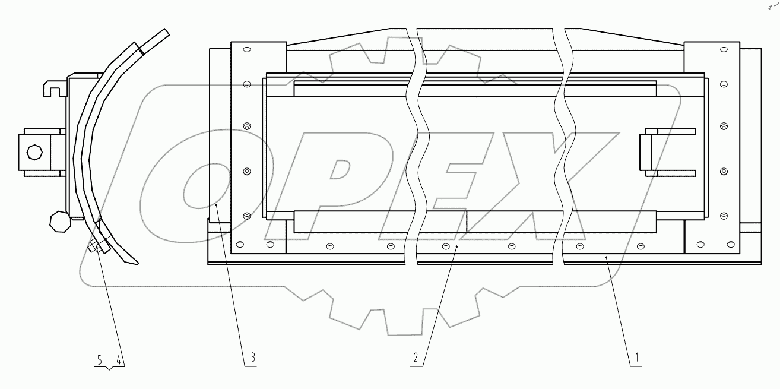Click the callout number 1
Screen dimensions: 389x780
(x=637, y=358)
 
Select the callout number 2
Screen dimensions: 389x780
(x=416, y=358)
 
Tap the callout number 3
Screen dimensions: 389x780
(x=252, y=358)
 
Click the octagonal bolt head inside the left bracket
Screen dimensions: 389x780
(x=34, y=152)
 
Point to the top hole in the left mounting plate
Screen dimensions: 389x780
(x=248, y=50)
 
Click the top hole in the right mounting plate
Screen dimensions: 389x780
(x=723, y=50)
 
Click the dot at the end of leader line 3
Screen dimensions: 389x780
(x=218, y=205)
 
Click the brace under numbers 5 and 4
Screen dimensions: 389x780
(x=110, y=369)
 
